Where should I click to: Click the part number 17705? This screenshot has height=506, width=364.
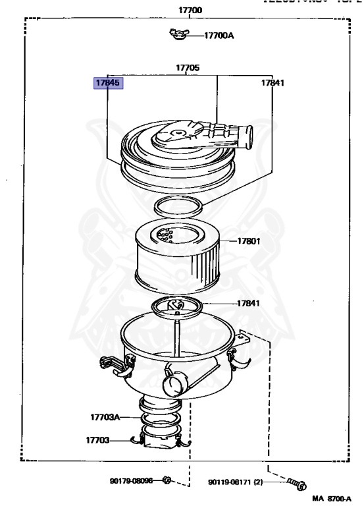click(188, 68)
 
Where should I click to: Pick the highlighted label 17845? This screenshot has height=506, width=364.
click(108, 84)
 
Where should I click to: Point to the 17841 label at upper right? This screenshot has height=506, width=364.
click(273, 84)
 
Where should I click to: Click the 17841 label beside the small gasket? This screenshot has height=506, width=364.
click(249, 304)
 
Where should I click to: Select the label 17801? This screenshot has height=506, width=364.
click(249, 241)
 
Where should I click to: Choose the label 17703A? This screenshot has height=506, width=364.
click(105, 417)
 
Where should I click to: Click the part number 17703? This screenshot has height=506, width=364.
click(97, 439)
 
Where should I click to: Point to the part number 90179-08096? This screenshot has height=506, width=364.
click(131, 482)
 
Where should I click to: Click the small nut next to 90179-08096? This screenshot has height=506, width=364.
click(167, 481)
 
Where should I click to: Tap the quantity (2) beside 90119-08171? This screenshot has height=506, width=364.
click(257, 482)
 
